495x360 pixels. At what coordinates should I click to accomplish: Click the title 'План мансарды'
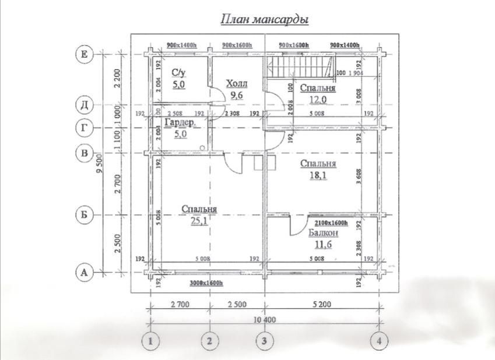(x=264, y=20)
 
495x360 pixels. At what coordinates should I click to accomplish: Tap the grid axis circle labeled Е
(x=85, y=55)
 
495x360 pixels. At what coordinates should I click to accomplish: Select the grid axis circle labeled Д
(x=85, y=105)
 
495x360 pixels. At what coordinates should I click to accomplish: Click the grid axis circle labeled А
(x=85, y=272)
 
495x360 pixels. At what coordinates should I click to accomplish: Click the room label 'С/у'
(x=178, y=72)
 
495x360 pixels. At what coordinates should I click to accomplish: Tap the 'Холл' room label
(x=236, y=83)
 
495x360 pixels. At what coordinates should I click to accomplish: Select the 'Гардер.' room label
(x=180, y=123)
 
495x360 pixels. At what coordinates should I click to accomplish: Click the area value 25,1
(x=199, y=220)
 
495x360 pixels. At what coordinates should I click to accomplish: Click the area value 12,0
(x=317, y=100)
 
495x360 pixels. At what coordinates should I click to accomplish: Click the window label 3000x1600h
(x=207, y=283)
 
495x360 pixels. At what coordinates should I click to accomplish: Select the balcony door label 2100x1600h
(x=331, y=223)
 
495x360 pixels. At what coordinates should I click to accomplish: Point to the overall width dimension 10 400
(x=265, y=320)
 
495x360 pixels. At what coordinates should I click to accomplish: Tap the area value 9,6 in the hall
(x=236, y=94)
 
